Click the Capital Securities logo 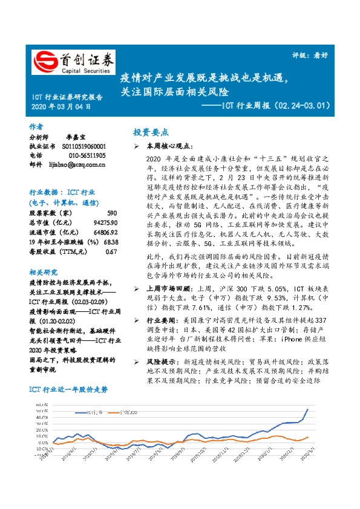click(x=73, y=62)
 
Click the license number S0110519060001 click(x=83, y=146)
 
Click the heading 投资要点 click(x=151, y=132)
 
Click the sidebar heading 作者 click(x=36, y=127)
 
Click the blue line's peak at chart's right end click(x=307, y=410)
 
